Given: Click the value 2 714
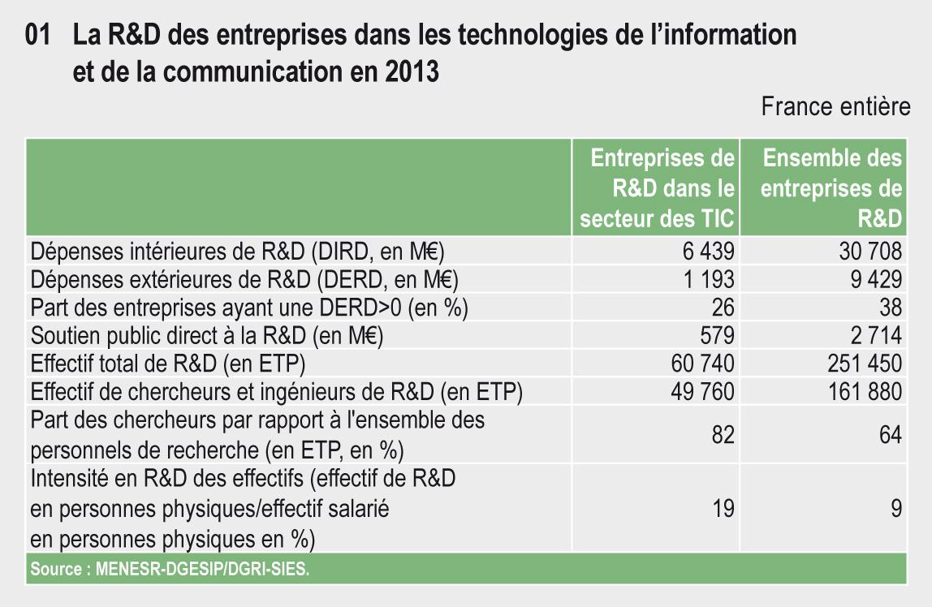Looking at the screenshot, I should (874, 335).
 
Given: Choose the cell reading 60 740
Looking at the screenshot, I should (702, 364).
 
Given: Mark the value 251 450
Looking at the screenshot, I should (862, 364).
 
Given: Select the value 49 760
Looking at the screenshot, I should (702, 392).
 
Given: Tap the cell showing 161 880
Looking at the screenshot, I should (862, 392).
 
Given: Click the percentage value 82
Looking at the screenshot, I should (723, 435).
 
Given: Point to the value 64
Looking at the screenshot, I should (890, 435).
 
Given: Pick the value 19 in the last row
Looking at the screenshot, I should (723, 509).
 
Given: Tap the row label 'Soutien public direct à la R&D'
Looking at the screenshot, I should (206, 335).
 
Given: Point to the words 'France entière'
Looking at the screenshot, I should (835, 107).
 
